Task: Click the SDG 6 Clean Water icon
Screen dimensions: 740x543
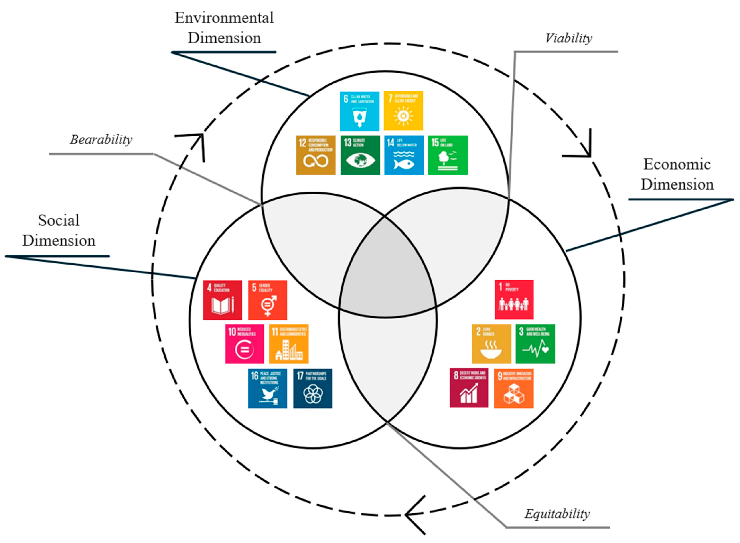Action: click(359, 111)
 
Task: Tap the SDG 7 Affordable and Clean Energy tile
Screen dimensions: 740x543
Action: click(403, 111)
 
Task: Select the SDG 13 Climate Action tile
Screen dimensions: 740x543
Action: click(360, 155)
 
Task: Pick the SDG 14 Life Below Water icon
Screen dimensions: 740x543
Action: click(404, 155)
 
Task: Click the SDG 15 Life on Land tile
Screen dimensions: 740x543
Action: click(448, 155)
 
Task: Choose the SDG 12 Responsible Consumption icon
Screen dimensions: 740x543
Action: click(316, 155)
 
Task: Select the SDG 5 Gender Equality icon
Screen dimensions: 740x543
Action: click(267, 300)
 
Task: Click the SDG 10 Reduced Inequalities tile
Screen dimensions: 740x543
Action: click(245, 344)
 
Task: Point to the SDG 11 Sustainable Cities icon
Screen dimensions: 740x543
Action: click(288, 344)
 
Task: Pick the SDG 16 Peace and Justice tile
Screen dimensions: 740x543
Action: click(267, 388)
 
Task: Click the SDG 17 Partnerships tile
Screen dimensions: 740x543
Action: click(312, 388)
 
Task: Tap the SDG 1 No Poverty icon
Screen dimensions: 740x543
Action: click(514, 299)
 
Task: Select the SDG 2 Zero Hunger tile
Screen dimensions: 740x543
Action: click(491, 344)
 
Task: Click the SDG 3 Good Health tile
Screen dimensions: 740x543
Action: click(535, 344)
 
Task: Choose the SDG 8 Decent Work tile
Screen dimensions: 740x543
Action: click(469, 388)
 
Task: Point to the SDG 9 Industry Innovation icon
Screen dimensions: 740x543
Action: click(514, 388)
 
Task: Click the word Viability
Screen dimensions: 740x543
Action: click(568, 38)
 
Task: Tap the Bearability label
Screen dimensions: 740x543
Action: click(101, 140)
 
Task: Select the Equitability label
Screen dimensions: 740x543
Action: click(557, 514)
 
